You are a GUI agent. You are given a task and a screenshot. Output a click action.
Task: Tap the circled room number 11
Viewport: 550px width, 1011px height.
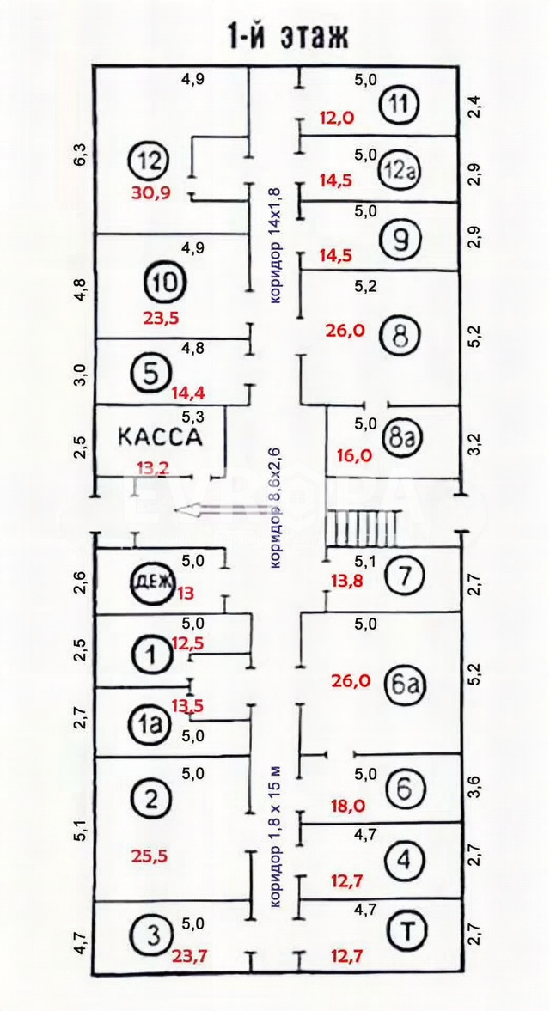pos(400,105)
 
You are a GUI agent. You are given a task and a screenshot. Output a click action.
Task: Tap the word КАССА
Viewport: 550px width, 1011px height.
pos(159,436)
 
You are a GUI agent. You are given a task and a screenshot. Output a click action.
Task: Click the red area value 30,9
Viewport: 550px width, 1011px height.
pos(151,192)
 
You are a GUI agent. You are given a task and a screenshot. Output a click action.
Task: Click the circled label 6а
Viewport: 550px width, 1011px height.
pos(400,683)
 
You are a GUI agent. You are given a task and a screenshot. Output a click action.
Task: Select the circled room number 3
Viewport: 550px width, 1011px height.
pos(151,934)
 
